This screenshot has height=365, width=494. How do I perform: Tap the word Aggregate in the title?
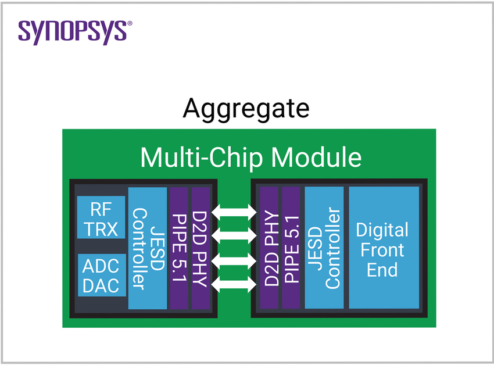click(x=246, y=109)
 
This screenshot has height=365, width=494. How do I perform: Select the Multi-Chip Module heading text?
click(x=250, y=157)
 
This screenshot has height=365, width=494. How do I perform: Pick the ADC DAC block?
click(x=101, y=275)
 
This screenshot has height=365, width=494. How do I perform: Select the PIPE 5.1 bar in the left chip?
click(x=178, y=248)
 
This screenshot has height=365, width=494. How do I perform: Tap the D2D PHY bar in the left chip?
click(x=200, y=248)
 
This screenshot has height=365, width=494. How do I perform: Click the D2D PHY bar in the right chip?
click(x=270, y=248)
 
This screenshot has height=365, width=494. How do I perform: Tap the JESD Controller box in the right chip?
click(x=324, y=248)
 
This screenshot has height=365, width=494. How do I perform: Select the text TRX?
click(x=101, y=228)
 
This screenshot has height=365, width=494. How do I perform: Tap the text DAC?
click(x=101, y=285)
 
